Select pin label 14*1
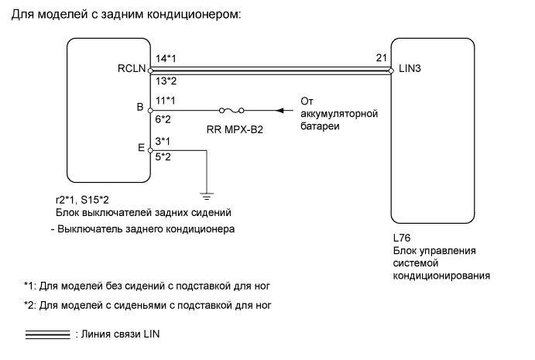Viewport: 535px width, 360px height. pos(165,59)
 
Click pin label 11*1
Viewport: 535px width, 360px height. pos(165,100)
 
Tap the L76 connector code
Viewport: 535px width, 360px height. pos(402,239)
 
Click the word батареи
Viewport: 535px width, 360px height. pos(320,127)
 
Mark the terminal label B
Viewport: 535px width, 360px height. pos(139,108)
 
